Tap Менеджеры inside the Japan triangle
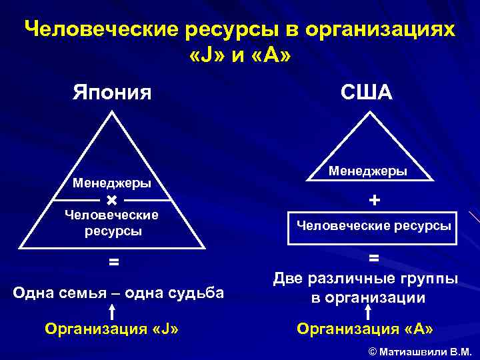(x=111, y=183)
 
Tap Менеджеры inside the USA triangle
(x=367, y=171)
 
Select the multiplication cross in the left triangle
(x=111, y=200)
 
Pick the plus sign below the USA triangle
(x=375, y=200)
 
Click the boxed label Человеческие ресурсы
(x=373, y=226)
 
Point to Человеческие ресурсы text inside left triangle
(x=112, y=223)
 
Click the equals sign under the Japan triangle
(x=114, y=263)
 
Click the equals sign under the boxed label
(x=375, y=257)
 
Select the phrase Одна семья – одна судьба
(x=119, y=293)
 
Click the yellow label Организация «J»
(x=111, y=329)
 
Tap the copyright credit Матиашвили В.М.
(x=420, y=351)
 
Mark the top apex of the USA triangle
(x=367, y=111)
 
